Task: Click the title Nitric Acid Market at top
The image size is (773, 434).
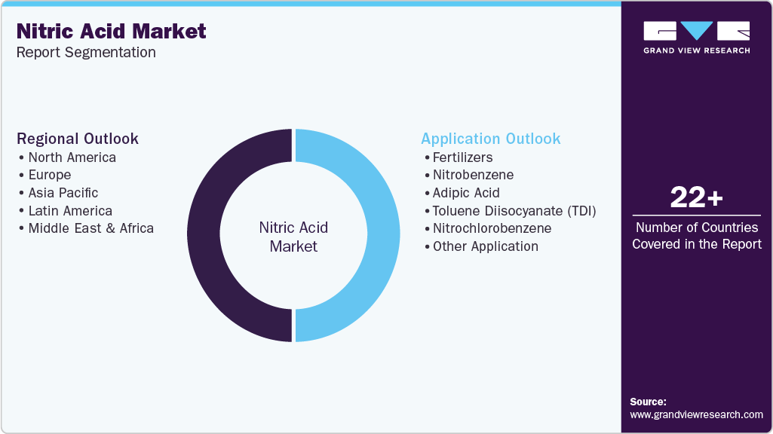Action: coord(112,32)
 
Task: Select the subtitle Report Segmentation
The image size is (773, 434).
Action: coord(87,53)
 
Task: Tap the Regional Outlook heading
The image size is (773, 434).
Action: coord(78,139)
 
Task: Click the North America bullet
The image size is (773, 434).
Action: coord(72,157)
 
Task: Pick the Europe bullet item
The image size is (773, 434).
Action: coord(50,175)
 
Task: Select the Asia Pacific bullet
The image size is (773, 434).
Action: coord(63,193)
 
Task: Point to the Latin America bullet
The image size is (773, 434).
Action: coord(70,211)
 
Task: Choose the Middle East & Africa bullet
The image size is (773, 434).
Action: coord(90,228)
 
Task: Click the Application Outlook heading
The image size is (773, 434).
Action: coord(491,139)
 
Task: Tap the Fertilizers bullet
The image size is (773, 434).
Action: coord(462,157)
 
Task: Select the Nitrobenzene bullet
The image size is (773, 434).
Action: coord(473,175)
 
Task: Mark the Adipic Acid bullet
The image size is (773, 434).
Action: coord(466,193)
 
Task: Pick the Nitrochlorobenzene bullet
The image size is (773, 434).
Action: coord(492,228)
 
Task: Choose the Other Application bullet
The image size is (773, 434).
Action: coord(485,246)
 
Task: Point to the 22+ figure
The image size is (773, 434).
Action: coord(696,198)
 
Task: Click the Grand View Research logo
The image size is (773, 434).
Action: coord(696,37)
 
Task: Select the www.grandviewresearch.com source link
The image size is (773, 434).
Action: coord(696,414)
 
